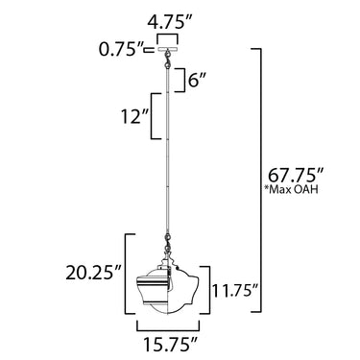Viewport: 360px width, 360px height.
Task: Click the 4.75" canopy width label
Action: pyautogui.click(x=169, y=23)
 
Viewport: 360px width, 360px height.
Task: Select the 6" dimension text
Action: pyautogui.click(x=197, y=80)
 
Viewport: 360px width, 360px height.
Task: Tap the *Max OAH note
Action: pyautogui.click(x=291, y=189)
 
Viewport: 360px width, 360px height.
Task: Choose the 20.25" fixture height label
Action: pyautogui.click(x=93, y=274)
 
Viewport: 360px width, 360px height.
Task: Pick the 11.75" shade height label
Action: pyautogui.click(x=235, y=291)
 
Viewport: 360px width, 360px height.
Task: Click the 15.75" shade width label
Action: pyautogui.click(x=170, y=344)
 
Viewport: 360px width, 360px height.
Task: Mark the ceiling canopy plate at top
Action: pyautogui.click(x=167, y=50)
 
